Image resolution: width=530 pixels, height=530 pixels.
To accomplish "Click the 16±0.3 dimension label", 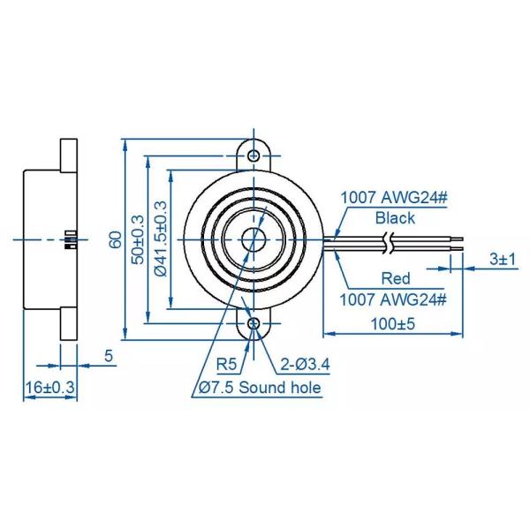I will [49, 387].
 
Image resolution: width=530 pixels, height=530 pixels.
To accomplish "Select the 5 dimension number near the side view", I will [109, 356].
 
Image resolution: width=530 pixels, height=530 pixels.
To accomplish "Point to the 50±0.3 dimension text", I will [137, 239].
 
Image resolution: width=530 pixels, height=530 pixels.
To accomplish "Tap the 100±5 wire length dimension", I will [392, 323].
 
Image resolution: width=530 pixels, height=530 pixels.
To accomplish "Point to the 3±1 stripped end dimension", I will [501, 259].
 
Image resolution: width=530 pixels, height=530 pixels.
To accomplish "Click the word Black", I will [394, 217].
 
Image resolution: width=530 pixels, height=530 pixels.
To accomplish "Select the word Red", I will [395, 279].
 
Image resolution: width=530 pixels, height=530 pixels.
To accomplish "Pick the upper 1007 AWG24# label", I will [394, 198].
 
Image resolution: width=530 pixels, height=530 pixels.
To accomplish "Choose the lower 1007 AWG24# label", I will [394, 298].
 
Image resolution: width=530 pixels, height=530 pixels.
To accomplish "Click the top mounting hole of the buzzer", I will [254, 155].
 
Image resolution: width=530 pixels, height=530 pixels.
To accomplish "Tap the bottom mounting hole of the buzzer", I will [254, 324].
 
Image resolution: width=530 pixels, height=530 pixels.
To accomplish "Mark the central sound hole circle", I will [254, 239].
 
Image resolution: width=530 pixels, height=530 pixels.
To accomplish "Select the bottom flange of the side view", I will [68, 323].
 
